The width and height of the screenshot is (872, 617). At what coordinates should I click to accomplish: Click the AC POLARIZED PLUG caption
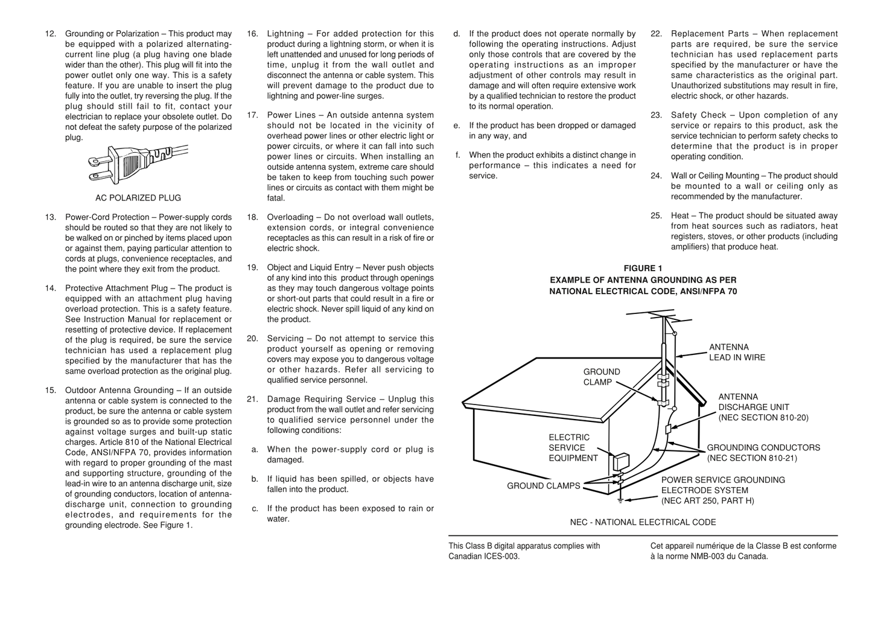pyautogui.click(x=138, y=198)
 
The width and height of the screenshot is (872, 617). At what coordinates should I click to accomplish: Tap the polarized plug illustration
pyautogui.click(x=138, y=164)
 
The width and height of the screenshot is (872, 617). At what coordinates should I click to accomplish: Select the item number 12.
pyautogui.click(x=51, y=34)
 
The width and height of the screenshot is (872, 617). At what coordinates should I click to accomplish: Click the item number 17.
pyautogui.click(x=252, y=115)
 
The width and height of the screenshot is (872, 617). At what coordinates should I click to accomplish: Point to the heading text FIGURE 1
pyautogui.click(x=643, y=269)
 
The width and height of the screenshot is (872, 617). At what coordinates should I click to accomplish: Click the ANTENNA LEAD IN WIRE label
pyautogui.click(x=736, y=353)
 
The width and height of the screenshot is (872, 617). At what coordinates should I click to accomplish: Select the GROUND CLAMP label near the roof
pyautogui.click(x=601, y=377)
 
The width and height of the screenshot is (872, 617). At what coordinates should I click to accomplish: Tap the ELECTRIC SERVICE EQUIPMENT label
pyautogui.click(x=572, y=448)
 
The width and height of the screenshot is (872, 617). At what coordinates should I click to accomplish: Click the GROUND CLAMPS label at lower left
pyautogui.click(x=543, y=486)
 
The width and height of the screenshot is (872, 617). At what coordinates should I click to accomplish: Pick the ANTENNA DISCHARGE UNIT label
pyautogui.click(x=763, y=408)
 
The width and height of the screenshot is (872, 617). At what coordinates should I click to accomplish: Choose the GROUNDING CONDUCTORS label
pyautogui.click(x=763, y=453)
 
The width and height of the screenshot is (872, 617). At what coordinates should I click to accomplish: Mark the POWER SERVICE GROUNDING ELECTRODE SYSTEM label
pyautogui.click(x=723, y=490)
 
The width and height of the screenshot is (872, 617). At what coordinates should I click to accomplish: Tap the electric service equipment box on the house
pyautogui.click(x=620, y=462)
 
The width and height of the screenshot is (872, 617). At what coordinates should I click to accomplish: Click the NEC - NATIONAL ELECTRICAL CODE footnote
pyautogui.click(x=643, y=522)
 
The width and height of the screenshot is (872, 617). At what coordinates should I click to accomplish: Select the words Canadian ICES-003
pyautogui.click(x=483, y=557)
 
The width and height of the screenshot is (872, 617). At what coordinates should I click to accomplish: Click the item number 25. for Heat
pyautogui.click(x=656, y=216)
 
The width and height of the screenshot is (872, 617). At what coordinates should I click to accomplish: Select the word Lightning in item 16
pyautogui.click(x=285, y=34)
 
